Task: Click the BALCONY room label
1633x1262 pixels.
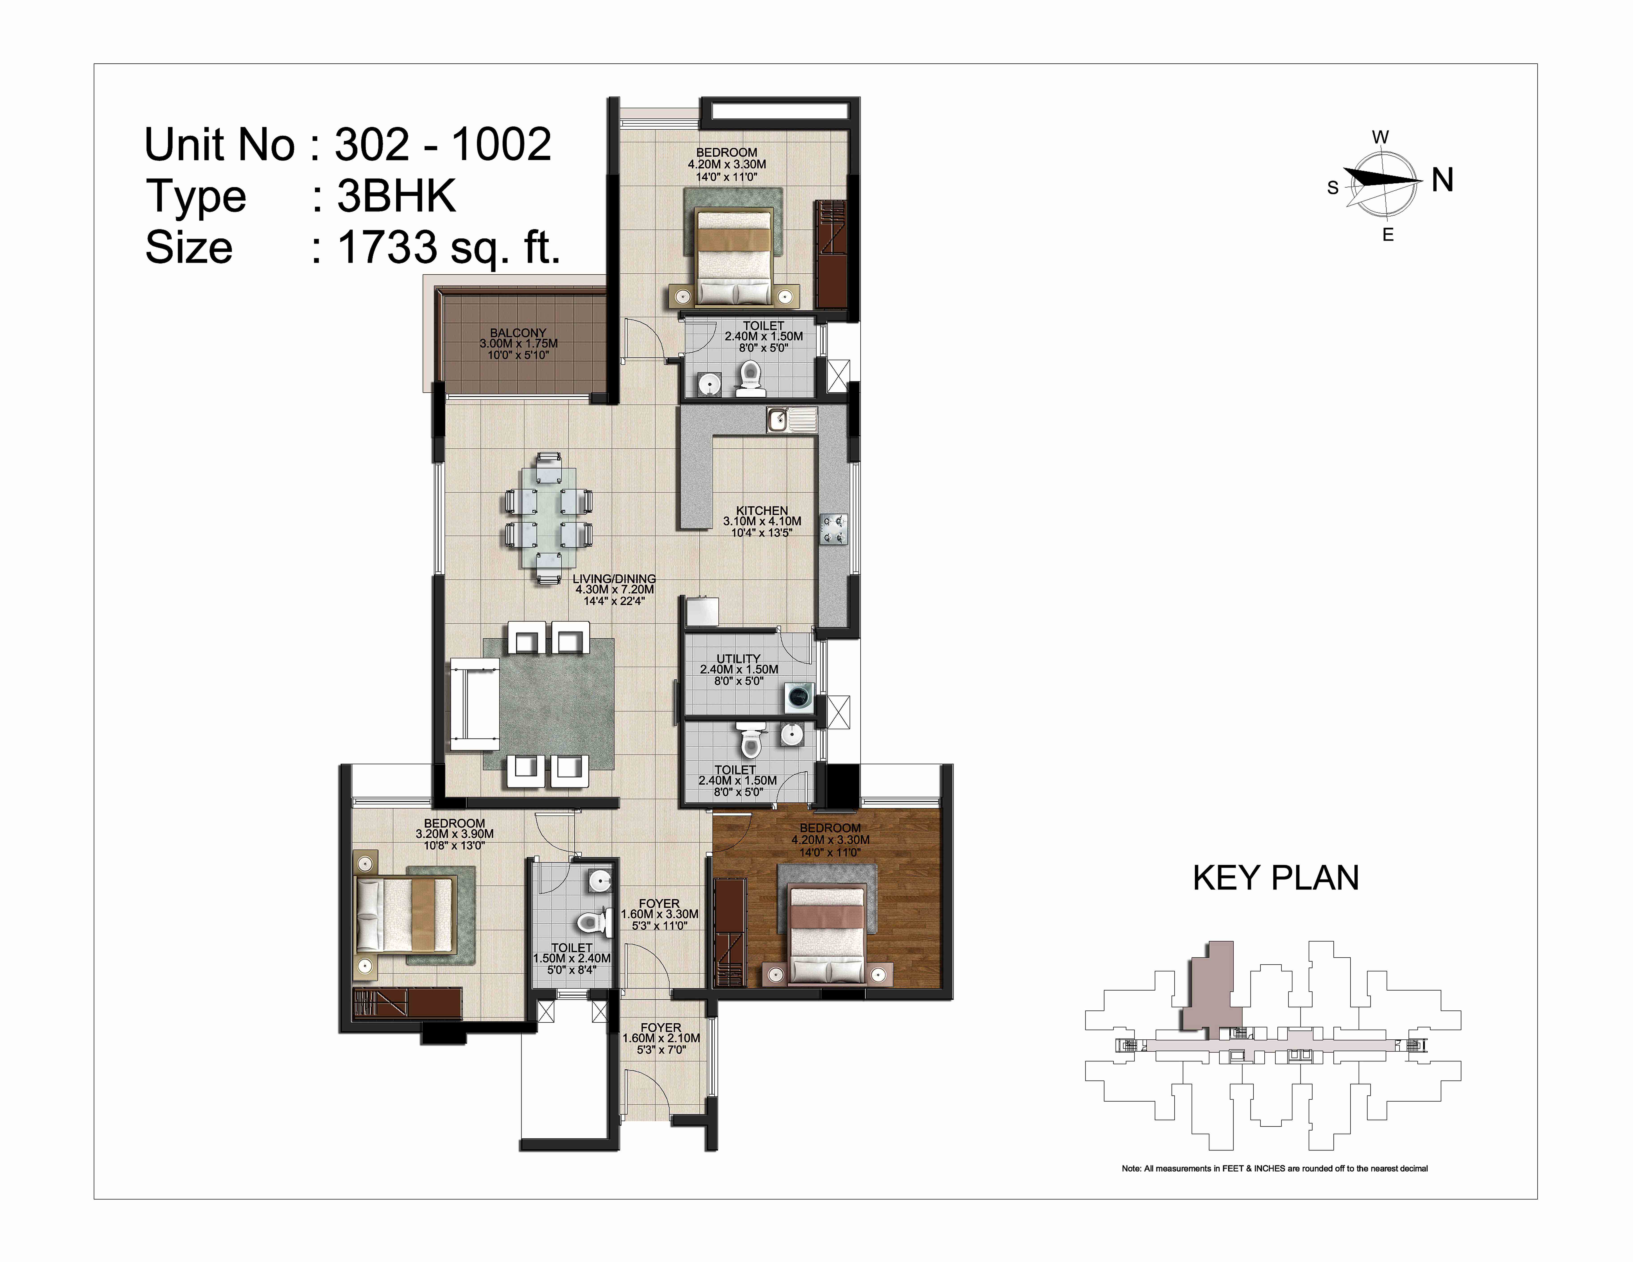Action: coord(518,333)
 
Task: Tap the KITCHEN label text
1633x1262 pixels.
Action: coord(762,511)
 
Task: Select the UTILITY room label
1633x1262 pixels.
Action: coord(739,659)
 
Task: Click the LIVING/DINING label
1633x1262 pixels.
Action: coord(614,579)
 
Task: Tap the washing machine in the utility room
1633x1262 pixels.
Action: coord(799,698)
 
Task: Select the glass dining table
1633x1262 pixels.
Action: coord(550,517)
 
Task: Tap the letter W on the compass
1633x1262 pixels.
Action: coord(1380,138)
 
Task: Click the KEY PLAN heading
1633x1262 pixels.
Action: coord(1276,878)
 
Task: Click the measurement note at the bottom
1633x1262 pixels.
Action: coord(1275,1169)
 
